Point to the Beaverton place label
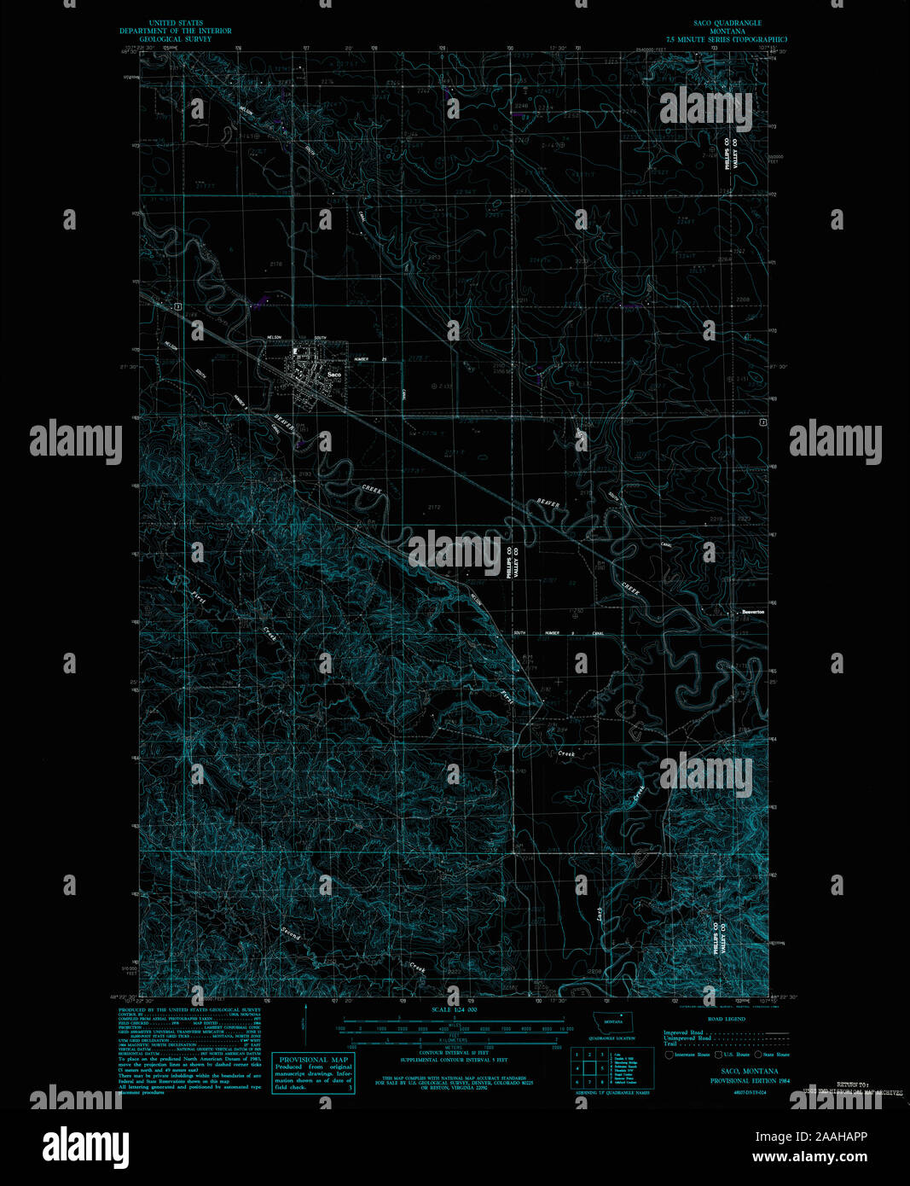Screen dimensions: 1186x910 (x=751, y=612)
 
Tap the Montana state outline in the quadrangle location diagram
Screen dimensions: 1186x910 (x=608, y=1023)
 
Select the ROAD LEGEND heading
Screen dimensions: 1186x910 (x=727, y=1019)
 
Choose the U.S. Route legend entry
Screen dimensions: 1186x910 (x=735, y=1055)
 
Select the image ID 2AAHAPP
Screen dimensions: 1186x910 (x=834, y=1137)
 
